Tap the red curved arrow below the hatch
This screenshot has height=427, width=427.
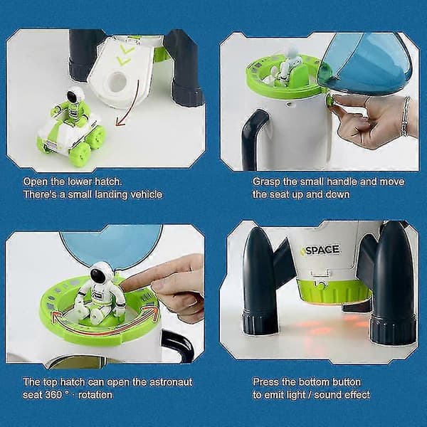tap(131, 103)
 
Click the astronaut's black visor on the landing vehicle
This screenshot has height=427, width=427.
tap(72, 97)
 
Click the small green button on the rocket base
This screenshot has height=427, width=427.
tap(322, 286)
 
